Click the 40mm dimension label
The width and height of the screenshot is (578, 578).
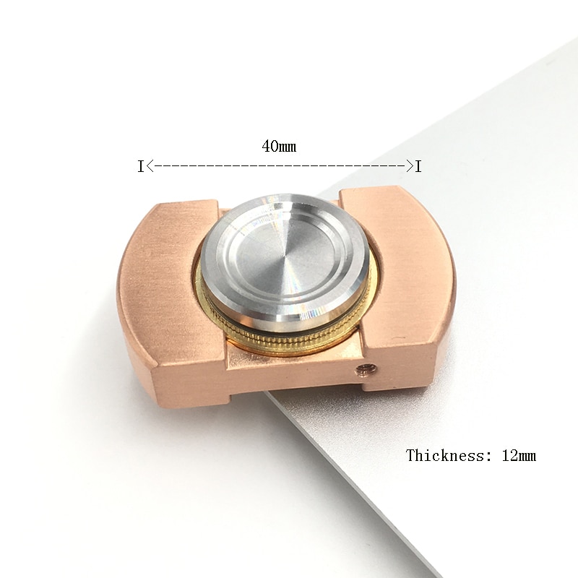coord(279,147)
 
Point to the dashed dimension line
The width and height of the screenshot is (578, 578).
coord(280,167)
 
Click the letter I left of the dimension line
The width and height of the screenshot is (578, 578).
coord(140,167)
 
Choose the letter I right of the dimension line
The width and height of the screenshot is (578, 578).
coord(418,167)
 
